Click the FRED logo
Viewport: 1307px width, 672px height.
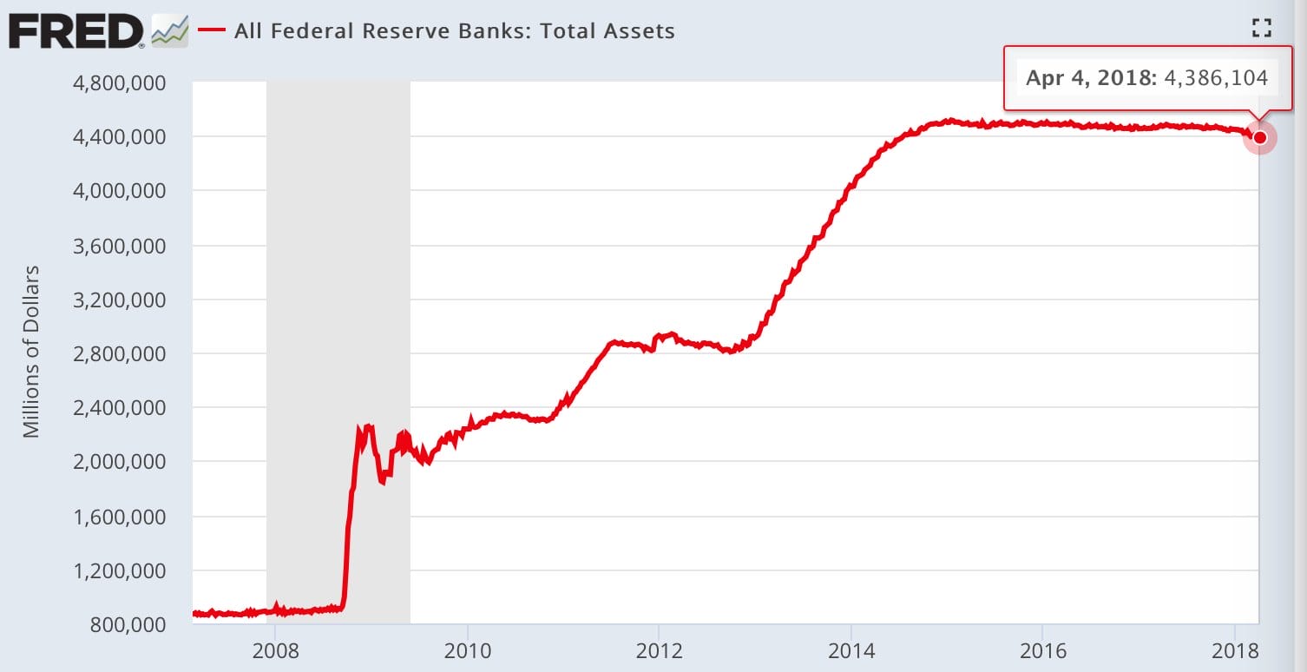[76, 31]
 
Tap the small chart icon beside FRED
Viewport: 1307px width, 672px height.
[170, 30]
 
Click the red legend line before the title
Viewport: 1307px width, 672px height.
[211, 30]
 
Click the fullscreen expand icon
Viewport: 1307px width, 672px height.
[1262, 28]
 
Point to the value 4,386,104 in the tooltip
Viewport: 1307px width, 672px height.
[1216, 77]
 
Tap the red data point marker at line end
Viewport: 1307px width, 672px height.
[1260, 138]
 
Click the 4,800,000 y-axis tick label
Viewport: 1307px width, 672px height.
[119, 82]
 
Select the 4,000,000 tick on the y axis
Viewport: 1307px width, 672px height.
[119, 191]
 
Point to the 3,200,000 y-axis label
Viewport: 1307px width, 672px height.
[119, 300]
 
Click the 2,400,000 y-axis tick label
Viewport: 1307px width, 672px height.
[119, 407]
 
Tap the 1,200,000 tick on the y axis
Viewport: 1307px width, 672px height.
[119, 571]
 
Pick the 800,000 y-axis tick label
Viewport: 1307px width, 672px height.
[128, 625]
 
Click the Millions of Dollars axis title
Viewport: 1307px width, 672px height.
[31, 352]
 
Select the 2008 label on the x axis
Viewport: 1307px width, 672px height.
[275, 650]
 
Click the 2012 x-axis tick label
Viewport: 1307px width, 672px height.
[659, 650]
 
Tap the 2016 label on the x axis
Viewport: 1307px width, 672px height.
[1042, 650]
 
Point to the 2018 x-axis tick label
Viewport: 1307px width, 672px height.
[1235, 650]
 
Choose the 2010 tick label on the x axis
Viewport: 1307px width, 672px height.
[468, 650]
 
